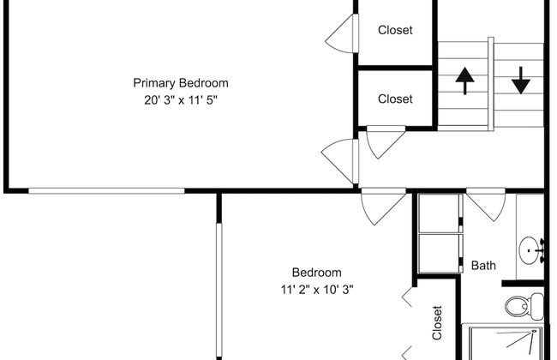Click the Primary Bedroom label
[x=181, y=83]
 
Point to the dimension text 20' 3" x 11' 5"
[x=181, y=99]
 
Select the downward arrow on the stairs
[x=519, y=80]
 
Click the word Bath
[x=483, y=266]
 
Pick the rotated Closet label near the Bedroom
[x=437, y=323]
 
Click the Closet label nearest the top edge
[x=395, y=30]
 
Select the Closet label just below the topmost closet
[x=395, y=99]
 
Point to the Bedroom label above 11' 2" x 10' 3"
[x=316, y=273]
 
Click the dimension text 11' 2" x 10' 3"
[x=316, y=289]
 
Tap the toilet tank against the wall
[x=536, y=305]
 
